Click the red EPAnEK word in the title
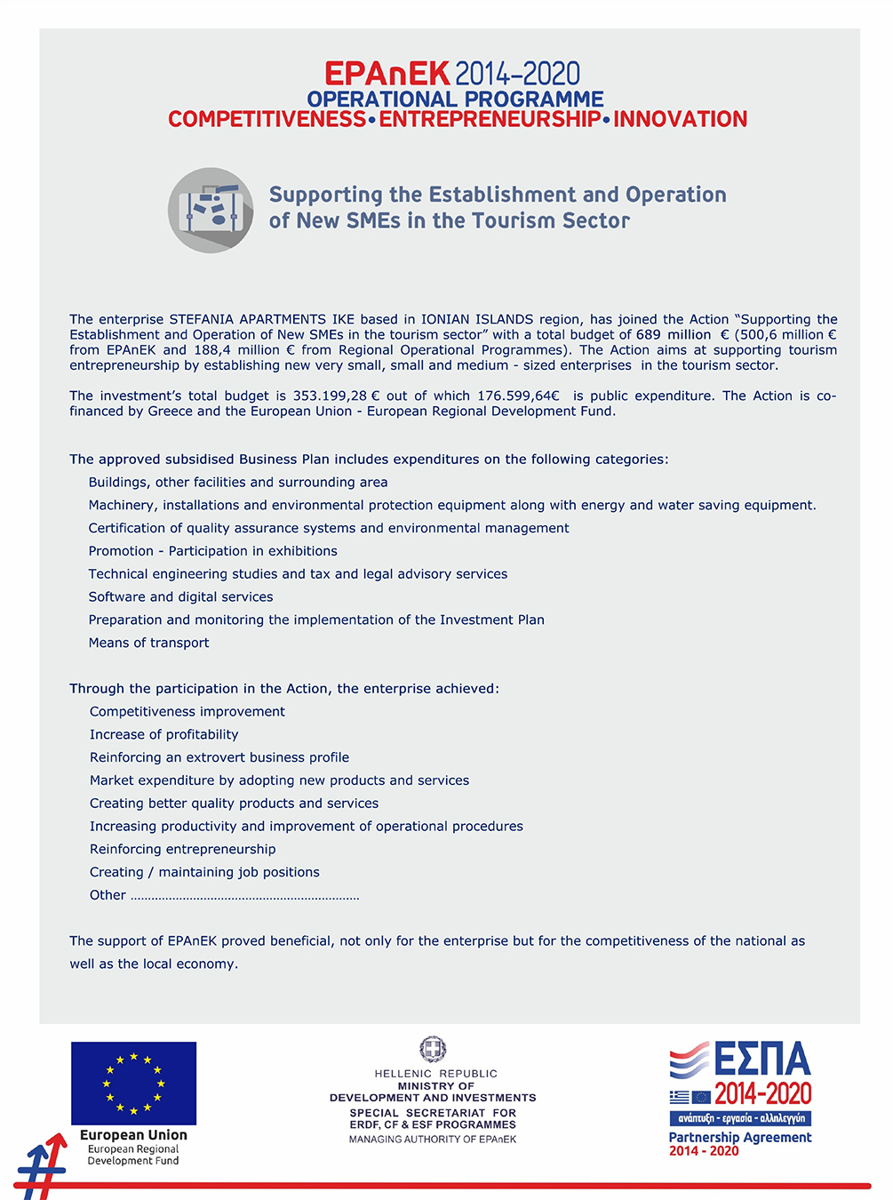coord(387,74)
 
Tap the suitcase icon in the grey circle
coord(211,211)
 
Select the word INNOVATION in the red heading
coord(680,119)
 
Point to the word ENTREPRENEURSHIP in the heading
coord(490,119)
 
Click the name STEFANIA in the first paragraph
coord(202,319)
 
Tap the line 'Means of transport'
coord(149,643)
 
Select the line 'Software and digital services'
coord(180,596)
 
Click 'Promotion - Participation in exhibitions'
coord(212,551)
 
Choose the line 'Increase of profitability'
coord(163,734)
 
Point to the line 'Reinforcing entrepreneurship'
coord(182,849)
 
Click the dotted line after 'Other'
coord(244,897)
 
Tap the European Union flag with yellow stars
coord(133,1084)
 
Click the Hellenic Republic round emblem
coord(433,1049)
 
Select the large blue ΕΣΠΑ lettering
coord(762,1060)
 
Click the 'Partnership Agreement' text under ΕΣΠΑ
coord(740,1137)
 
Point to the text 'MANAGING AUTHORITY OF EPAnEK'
coord(433,1140)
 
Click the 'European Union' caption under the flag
coord(133,1135)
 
